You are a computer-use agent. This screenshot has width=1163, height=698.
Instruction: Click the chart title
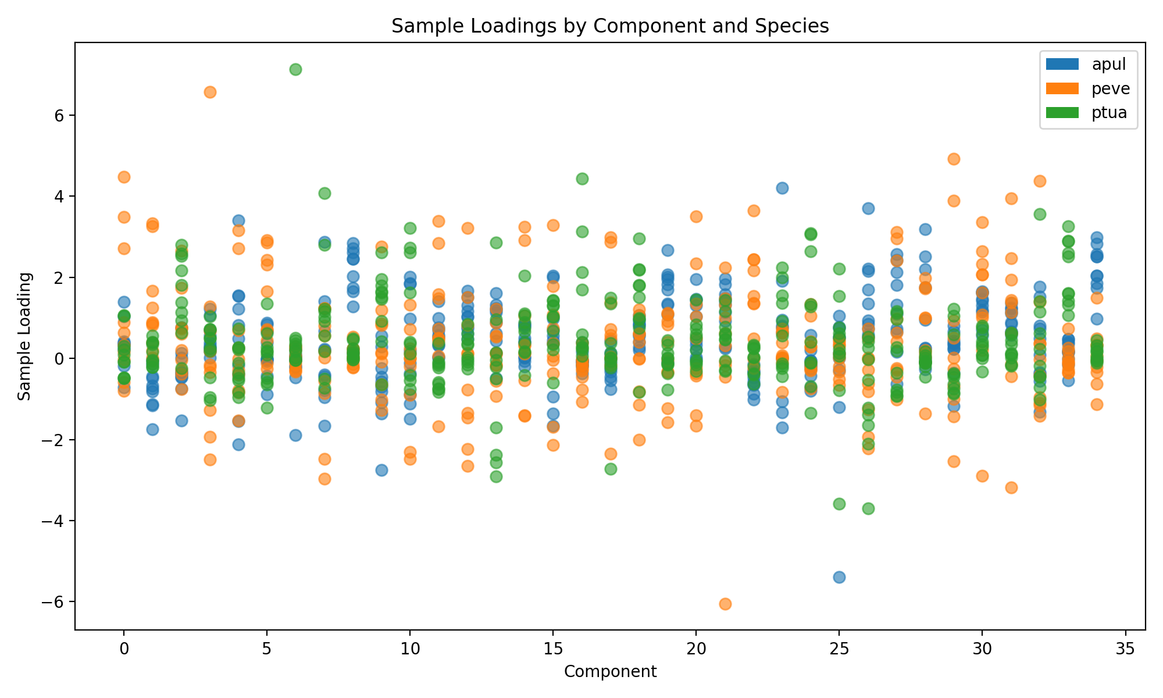pos(610,26)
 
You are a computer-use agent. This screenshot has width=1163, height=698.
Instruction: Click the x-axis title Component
pos(610,672)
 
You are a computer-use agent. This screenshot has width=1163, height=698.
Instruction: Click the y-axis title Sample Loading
pos(24,336)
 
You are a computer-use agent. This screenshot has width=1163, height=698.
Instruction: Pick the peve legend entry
pos(1111,88)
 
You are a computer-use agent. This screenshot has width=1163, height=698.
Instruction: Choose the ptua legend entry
pos(1110,113)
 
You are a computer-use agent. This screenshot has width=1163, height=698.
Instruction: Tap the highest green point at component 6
pos(295,69)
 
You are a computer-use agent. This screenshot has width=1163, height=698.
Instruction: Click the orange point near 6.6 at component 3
pos(210,92)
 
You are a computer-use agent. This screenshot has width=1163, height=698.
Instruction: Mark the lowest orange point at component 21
pos(725,604)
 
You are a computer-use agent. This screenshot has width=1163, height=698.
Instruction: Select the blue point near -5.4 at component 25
pos(839,577)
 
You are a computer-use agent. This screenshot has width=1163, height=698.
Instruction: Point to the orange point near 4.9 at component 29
pos(954,159)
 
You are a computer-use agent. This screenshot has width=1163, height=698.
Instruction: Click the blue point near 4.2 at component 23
pos(782,188)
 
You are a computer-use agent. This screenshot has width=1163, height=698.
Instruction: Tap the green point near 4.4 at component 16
pos(582,179)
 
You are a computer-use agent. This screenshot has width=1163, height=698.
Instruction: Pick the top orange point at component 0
pos(124,177)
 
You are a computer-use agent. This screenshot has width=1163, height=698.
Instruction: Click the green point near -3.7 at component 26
pos(868,508)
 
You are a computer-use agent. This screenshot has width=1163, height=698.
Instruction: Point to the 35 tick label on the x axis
pos(1125,650)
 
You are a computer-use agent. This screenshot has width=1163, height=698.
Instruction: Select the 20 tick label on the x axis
pos(696,650)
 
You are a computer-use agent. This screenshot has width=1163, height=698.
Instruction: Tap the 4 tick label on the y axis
pos(58,197)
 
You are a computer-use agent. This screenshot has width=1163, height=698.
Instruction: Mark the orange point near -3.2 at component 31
pos(1011,487)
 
